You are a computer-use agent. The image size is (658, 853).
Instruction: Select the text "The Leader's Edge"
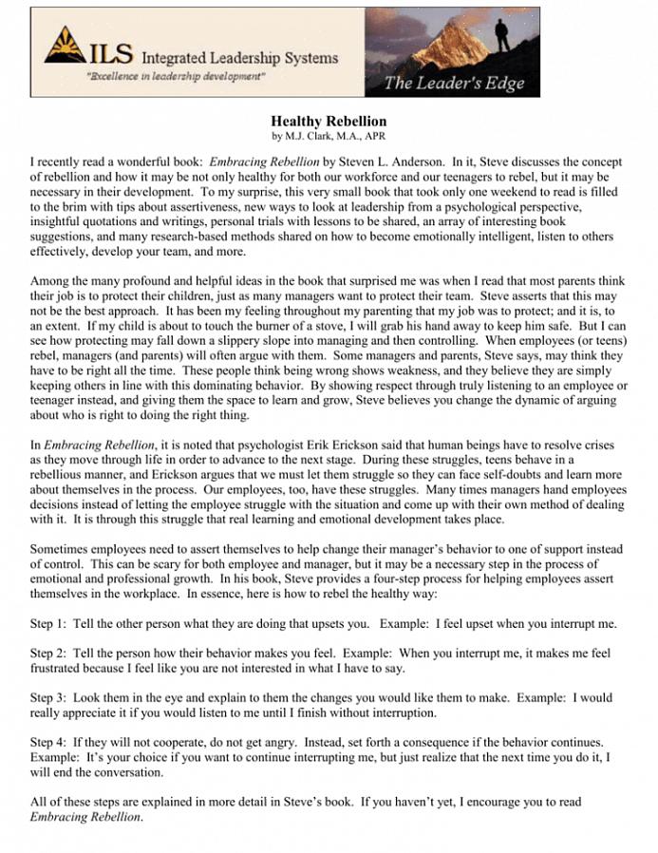454,84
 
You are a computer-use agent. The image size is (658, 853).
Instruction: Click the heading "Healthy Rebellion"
329,122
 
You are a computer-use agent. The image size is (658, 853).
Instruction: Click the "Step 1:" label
48,624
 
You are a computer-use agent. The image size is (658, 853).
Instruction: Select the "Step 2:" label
48,654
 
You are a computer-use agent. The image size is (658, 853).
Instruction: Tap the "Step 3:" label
48,697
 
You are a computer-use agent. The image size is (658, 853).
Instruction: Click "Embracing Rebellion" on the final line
85,816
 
